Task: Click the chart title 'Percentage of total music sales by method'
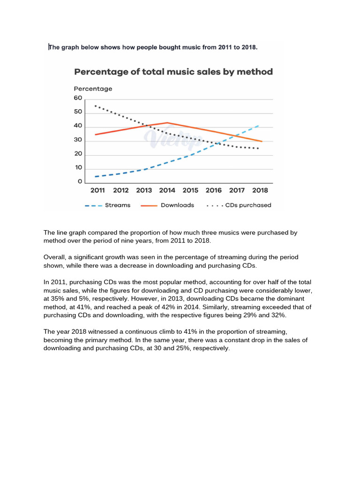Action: (173, 72)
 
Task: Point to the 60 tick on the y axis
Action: (77, 98)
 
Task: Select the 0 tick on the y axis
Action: (80, 181)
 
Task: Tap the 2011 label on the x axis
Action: (97, 190)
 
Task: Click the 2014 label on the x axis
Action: (167, 190)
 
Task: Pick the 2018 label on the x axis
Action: (260, 190)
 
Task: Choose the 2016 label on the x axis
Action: (213, 190)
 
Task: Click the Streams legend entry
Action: (118, 205)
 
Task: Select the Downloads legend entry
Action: (177, 205)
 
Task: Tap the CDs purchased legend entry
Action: (248, 205)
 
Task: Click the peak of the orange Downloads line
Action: (167, 123)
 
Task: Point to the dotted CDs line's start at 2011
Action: (96, 106)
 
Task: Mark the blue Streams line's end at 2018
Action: (258, 126)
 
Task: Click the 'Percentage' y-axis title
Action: (93, 89)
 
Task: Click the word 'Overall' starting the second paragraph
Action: (54, 257)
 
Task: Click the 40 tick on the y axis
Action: (77, 126)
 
